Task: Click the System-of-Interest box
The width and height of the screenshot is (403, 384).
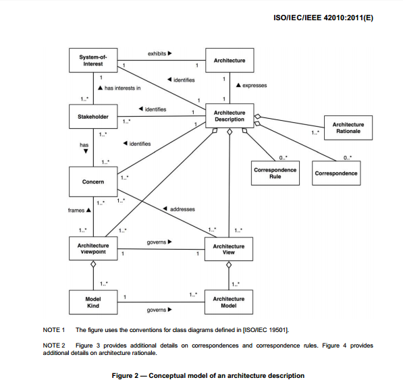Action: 93,61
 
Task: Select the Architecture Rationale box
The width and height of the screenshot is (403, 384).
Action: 348,128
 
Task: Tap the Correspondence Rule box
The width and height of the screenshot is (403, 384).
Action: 275,173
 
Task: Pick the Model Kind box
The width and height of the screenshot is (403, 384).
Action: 93,302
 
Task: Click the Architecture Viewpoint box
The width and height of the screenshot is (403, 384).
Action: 93,248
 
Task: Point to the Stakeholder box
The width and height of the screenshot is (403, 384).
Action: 93,117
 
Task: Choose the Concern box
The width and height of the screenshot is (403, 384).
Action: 93,182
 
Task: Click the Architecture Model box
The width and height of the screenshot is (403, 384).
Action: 229,302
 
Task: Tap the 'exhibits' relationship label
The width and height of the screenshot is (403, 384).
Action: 157,54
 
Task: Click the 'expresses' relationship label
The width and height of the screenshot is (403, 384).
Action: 254,85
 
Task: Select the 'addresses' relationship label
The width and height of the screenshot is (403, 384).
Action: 182,209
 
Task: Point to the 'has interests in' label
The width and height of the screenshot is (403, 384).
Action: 123,88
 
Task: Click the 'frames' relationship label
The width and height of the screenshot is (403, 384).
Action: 76,211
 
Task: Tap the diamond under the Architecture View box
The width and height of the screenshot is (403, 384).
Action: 229,265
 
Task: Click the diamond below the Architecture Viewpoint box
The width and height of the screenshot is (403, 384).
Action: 93,265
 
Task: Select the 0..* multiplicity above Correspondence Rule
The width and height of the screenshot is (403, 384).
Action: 284,157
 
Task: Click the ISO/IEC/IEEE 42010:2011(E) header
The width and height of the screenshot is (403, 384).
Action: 323,18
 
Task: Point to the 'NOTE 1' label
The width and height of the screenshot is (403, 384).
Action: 54,330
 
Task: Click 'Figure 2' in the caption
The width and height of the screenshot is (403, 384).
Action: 125,375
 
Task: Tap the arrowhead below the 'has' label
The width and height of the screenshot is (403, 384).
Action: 86,151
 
